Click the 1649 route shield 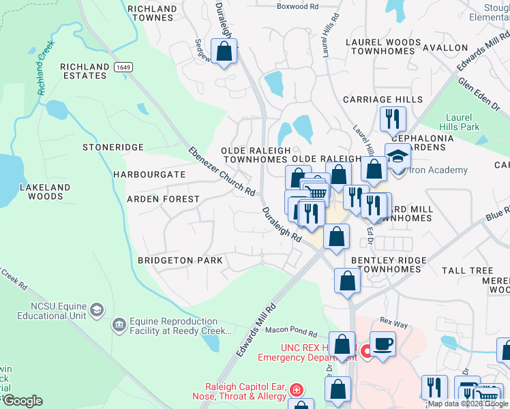click(x=123, y=67)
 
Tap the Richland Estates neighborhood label click(x=84, y=71)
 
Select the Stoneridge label click(x=113, y=147)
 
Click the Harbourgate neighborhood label click(x=149, y=175)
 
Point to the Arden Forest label click(x=163, y=199)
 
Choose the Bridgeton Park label click(x=180, y=260)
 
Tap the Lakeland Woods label click(x=45, y=192)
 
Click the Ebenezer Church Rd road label click(x=222, y=171)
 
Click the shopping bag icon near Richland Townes click(x=224, y=51)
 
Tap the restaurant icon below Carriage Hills click(x=392, y=120)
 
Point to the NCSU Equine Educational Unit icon click(x=96, y=310)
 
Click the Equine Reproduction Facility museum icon click(x=119, y=325)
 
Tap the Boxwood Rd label click(x=297, y=6)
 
